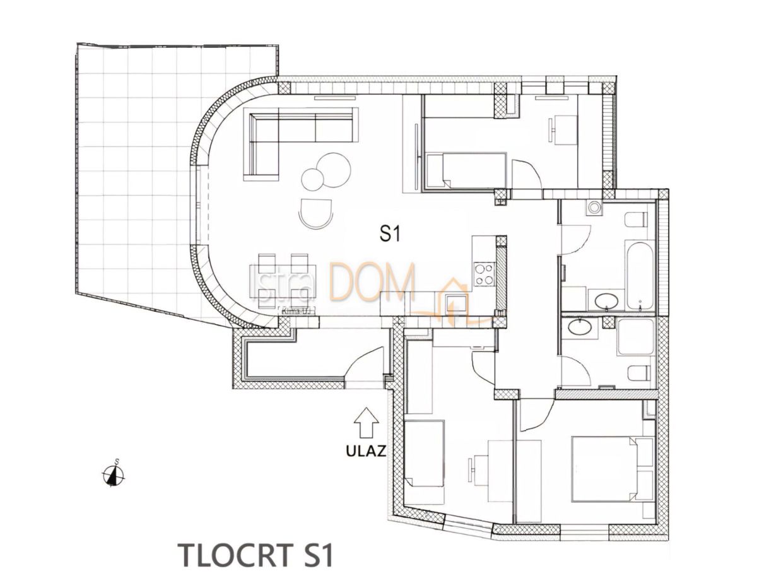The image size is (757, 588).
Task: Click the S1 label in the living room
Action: tap(390, 234)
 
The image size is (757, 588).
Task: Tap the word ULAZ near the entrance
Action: tap(366, 452)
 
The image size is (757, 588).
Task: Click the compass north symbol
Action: tap(114, 474)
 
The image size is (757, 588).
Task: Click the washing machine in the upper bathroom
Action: tap(594, 208)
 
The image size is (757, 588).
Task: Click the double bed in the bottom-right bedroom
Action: tap(611, 469)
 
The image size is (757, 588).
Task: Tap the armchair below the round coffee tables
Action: tap(316, 213)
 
